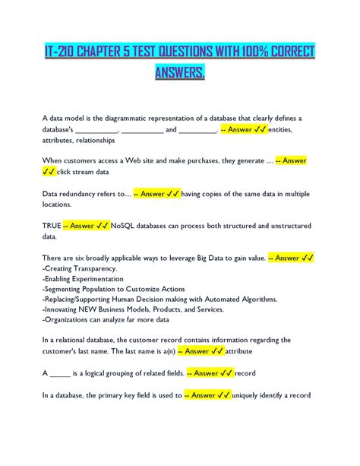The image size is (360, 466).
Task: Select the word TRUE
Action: pos(51,226)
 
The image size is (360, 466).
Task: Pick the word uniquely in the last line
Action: pos(248,395)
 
